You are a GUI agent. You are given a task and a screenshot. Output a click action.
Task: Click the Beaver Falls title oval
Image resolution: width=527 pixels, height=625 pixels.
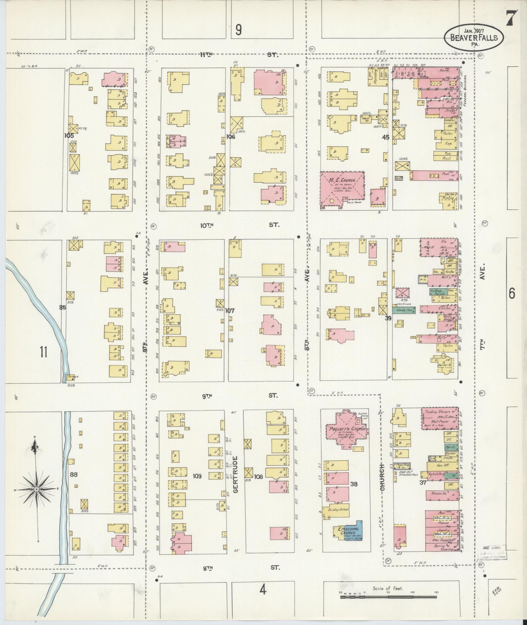click(x=473, y=38)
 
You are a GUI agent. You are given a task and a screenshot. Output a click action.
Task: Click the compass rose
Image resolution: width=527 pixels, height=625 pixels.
click(x=37, y=489)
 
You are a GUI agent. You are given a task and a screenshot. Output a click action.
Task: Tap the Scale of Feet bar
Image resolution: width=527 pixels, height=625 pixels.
click(x=388, y=597)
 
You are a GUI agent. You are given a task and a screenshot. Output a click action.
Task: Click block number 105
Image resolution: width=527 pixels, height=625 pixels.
click(x=69, y=136)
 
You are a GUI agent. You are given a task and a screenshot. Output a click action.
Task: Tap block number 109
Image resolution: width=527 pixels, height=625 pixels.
click(x=197, y=476)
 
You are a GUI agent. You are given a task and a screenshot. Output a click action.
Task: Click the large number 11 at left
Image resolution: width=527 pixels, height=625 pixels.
click(x=43, y=352)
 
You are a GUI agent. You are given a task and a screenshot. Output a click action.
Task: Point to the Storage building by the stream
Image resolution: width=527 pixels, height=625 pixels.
click(x=72, y=376)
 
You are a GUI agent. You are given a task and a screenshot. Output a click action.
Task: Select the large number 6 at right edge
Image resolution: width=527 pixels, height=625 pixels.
click(x=511, y=294)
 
